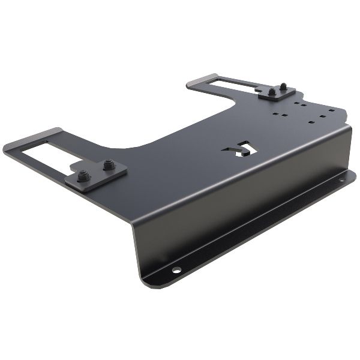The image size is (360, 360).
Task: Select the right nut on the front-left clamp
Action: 108,164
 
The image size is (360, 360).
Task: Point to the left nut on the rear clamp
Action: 272,92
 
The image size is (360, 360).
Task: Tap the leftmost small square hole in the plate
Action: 274,112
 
